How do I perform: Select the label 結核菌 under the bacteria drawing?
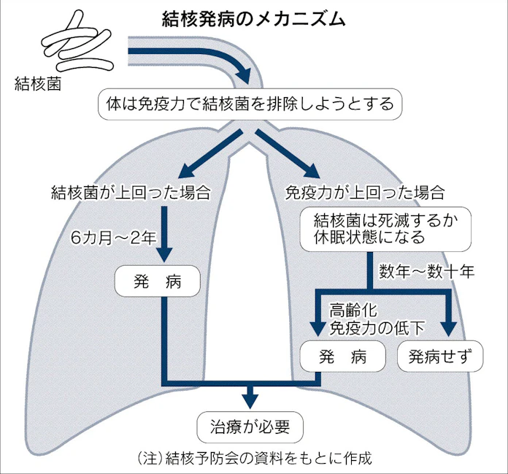(38, 83)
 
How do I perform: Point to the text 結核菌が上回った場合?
(131, 193)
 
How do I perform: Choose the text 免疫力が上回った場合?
(364, 193)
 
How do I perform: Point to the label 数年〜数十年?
(426, 272)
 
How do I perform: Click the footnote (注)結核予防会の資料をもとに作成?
(254, 459)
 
